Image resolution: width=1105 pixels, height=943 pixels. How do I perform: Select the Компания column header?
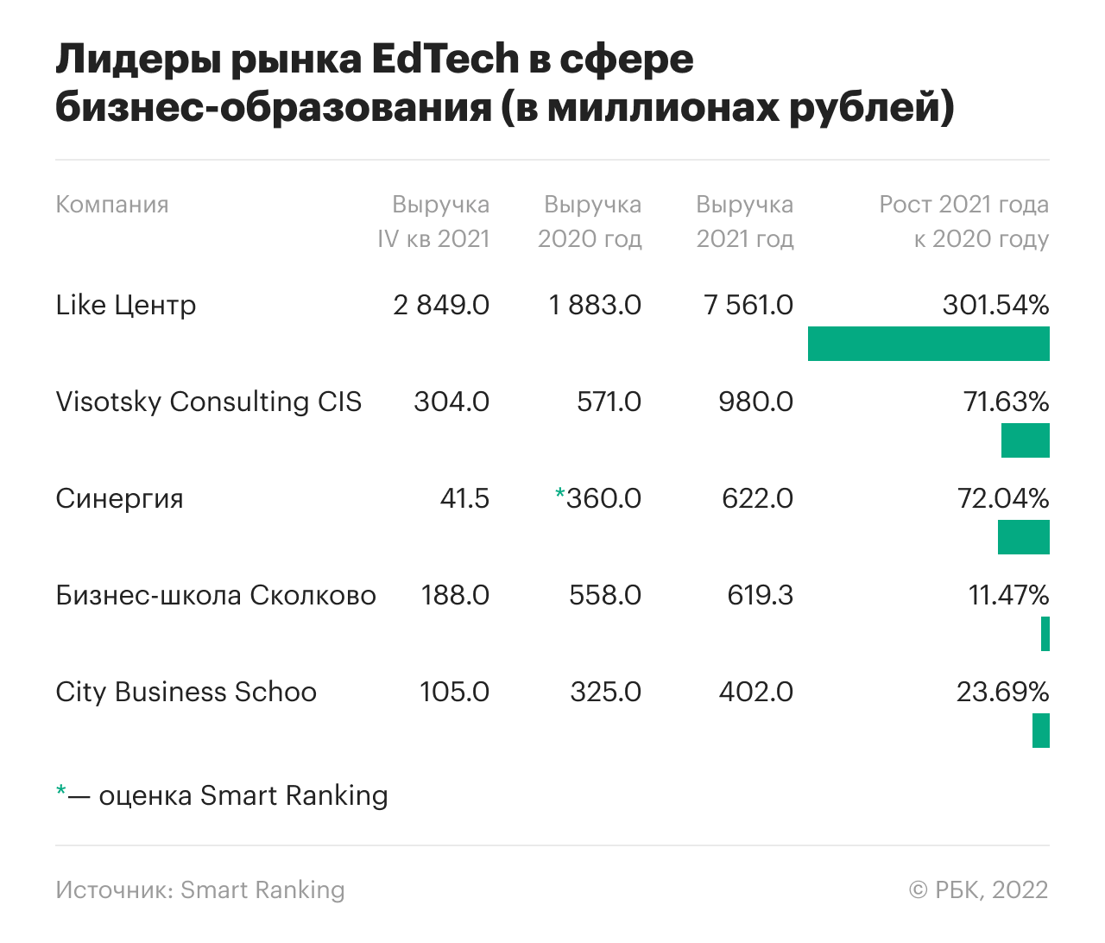point(112,205)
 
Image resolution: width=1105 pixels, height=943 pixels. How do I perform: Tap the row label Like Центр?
point(126,305)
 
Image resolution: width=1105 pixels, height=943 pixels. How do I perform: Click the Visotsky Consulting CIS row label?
point(209,402)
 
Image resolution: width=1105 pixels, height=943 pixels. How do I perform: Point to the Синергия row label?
point(120,498)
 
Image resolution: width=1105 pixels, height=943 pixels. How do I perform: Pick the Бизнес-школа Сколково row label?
point(216,595)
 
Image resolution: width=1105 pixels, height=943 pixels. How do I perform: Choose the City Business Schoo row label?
point(186,692)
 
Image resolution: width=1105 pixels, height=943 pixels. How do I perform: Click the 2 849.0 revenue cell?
point(441,305)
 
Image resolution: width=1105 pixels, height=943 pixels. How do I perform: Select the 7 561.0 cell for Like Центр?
point(748,305)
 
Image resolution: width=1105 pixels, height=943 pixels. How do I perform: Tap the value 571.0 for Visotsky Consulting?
point(609,402)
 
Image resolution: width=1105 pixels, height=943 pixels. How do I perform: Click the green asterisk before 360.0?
point(559,495)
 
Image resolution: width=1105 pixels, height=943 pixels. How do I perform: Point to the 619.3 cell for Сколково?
point(760,595)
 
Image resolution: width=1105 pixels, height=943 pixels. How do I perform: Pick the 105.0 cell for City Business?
point(454,692)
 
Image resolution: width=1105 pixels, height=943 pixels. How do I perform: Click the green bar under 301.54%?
point(928,344)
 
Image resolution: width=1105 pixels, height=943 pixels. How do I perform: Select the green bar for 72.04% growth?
point(1023,537)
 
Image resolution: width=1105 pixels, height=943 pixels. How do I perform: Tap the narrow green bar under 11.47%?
point(1045,634)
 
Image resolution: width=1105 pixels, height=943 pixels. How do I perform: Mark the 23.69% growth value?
point(1002,692)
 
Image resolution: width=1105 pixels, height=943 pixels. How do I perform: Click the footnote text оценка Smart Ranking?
point(243,795)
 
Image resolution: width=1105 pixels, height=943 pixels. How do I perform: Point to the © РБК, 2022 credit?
point(978,889)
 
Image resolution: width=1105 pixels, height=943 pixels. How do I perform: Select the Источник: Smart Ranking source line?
point(200,889)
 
